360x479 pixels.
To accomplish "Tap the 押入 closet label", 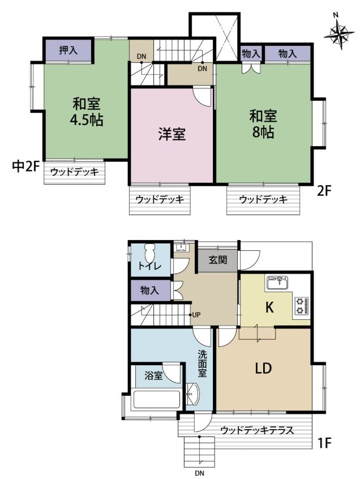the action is click(x=68, y=50).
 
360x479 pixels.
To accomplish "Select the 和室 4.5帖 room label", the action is click(x=87, y=112).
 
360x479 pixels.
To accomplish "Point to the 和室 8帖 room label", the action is click(x=263, y=124).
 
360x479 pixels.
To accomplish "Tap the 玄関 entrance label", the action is click(x=218, y=260).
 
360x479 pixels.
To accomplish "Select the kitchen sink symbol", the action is click(x=277, y=283).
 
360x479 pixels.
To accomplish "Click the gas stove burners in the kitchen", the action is click(x=301, y=306).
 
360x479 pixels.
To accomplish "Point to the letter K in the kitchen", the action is click(x=269, y=307).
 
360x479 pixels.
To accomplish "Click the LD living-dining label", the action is click(x=263, y=369).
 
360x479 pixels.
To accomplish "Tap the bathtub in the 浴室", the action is click(x=157, y=400).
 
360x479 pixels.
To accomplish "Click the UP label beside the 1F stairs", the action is click(x=196, y=314).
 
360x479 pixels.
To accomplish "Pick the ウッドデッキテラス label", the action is click(x=257, y=430).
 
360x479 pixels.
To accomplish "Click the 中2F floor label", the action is click(x=26, y=166).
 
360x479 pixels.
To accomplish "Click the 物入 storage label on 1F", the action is click(x=149, y=290).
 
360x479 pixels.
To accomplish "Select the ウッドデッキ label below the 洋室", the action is click(x=160, y=199).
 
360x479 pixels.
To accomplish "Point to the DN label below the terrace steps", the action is click(x=200, y=473).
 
